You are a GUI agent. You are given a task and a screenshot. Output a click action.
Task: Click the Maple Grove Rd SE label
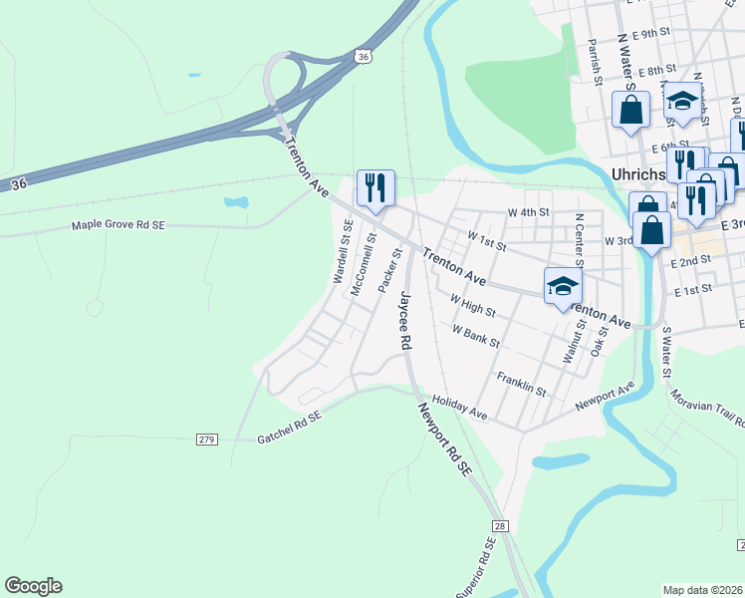tap(118, 225)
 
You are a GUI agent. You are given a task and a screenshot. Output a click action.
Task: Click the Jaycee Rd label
tap(404, 320)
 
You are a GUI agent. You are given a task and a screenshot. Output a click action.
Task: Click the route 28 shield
tap(500, 525)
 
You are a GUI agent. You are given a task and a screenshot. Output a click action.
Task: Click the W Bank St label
tap(475, 335)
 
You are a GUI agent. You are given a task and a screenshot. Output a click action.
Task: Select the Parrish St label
tap(594, 62)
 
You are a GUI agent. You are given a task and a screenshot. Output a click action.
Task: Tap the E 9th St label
tap(654, 33)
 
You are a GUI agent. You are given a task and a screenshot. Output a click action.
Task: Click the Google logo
tap(33, 586)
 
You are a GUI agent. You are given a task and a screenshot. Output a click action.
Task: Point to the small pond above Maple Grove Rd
tap(236, 202)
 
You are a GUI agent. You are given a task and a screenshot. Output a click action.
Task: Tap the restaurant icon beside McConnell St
tap(375, 188)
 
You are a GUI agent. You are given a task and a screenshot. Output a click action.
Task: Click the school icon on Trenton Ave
tap(563, 286)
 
